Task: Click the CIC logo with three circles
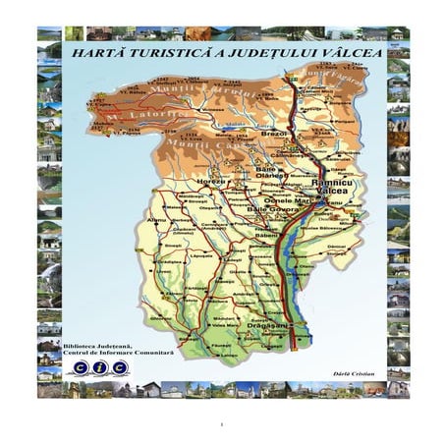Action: pyautogui.click(x=100, y=367)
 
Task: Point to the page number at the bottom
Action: pyautogui.click(x=222, y=423)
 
